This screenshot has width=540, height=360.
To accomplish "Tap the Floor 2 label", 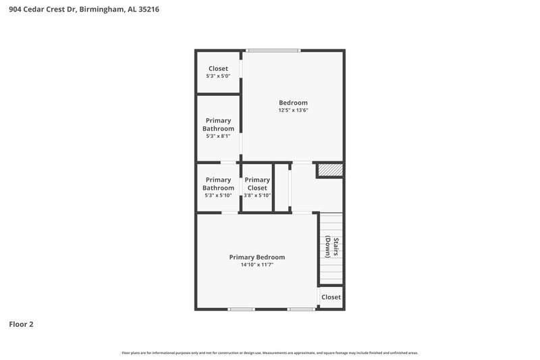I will point(21,324).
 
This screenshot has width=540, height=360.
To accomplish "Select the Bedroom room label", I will point(293,103).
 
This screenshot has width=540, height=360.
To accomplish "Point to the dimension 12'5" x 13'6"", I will point(293,111).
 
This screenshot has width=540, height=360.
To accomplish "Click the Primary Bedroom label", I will point(256,257).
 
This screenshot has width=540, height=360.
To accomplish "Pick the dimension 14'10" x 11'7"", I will point(256,265).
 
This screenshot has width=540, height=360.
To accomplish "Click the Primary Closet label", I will point(256,184).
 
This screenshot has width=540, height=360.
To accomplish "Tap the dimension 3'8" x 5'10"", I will point(256,196).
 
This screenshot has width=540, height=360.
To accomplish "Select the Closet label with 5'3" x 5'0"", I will point(218,69).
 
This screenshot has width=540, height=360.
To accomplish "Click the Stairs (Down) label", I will point(331,247).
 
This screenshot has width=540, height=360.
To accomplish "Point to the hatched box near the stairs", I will point(330,170).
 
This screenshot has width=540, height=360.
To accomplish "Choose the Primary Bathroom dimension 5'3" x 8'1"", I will point(218,136).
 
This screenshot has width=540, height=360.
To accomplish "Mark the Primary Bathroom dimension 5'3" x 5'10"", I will point(218,196).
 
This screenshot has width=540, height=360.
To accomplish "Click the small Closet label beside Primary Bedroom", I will point(331,297).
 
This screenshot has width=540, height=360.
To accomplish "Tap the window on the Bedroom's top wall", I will point(273,50).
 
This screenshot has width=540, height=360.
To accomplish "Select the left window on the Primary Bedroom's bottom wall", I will point(241,309).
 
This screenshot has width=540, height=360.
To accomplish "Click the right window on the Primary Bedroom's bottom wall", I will point(301,309).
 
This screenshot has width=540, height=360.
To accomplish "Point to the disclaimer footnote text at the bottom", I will point(269,353).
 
